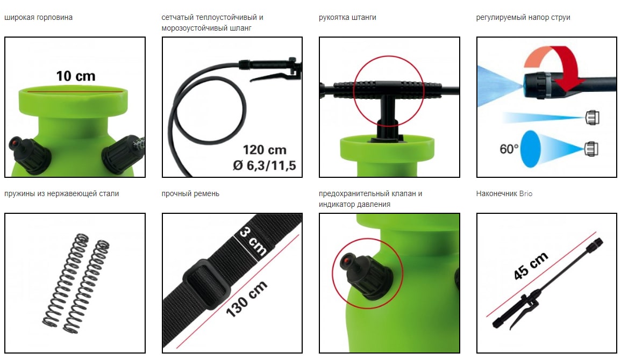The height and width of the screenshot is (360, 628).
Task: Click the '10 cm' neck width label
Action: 76,76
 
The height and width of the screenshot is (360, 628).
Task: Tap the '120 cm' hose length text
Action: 265,150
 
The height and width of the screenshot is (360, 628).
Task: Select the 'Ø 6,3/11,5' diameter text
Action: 265,165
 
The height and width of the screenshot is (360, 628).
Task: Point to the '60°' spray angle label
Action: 509,149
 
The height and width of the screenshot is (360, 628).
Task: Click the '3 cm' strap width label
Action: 253,241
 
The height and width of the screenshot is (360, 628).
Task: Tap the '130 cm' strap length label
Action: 246,298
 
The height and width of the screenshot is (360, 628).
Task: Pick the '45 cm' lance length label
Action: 531,265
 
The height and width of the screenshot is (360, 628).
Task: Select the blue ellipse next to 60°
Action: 531,149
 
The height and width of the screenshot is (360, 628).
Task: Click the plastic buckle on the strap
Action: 207,284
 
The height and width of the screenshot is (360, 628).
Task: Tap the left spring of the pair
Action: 66,278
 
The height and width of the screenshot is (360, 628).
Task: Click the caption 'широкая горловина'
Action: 39,18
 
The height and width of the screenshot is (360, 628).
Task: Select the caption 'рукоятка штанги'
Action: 347,18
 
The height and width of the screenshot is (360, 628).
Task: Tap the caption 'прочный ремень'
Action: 190,194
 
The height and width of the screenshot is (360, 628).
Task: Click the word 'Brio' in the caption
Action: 525,194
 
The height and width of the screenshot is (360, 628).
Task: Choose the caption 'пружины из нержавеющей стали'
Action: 62,194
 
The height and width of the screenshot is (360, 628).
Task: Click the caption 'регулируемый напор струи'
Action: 523,18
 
